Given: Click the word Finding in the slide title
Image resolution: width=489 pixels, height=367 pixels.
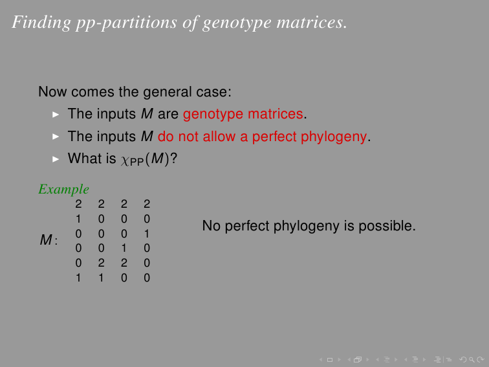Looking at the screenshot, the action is coord(41,23).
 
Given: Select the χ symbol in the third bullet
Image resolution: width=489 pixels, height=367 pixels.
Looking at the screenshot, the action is coord(125,160).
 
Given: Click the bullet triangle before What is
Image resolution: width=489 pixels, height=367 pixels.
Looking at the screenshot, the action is coord(56,159).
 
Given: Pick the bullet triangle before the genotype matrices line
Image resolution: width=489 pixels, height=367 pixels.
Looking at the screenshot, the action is coord(56,115).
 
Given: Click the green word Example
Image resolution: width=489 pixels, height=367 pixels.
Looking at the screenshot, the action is coord(63,190).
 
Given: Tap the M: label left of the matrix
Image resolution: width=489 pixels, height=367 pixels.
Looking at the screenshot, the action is coord(49,240).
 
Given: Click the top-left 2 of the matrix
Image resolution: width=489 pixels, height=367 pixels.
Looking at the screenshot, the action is coord(78,204).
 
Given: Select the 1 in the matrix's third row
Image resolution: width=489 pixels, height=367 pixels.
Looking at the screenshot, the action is coord(147,234).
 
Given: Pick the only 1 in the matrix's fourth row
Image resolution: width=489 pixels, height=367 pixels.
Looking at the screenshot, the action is coord(124,248).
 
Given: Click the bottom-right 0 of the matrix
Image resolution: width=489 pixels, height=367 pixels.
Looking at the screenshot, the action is coord(147,278).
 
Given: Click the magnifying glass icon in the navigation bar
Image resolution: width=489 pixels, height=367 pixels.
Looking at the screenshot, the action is coord(472,360).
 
